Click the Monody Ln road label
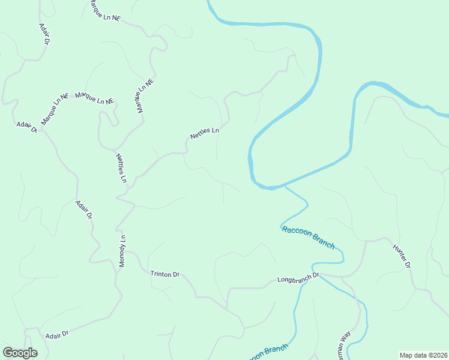122,251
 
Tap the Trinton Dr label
164,274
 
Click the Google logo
20,353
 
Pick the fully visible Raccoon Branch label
307,236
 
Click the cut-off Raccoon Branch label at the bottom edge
267,352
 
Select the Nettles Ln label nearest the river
205,133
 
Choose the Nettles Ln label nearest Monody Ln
121,169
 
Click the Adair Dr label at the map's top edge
43,35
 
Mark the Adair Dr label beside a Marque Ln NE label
27,127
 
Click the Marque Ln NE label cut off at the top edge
104,11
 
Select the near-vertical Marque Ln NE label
145,96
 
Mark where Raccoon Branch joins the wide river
285,187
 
